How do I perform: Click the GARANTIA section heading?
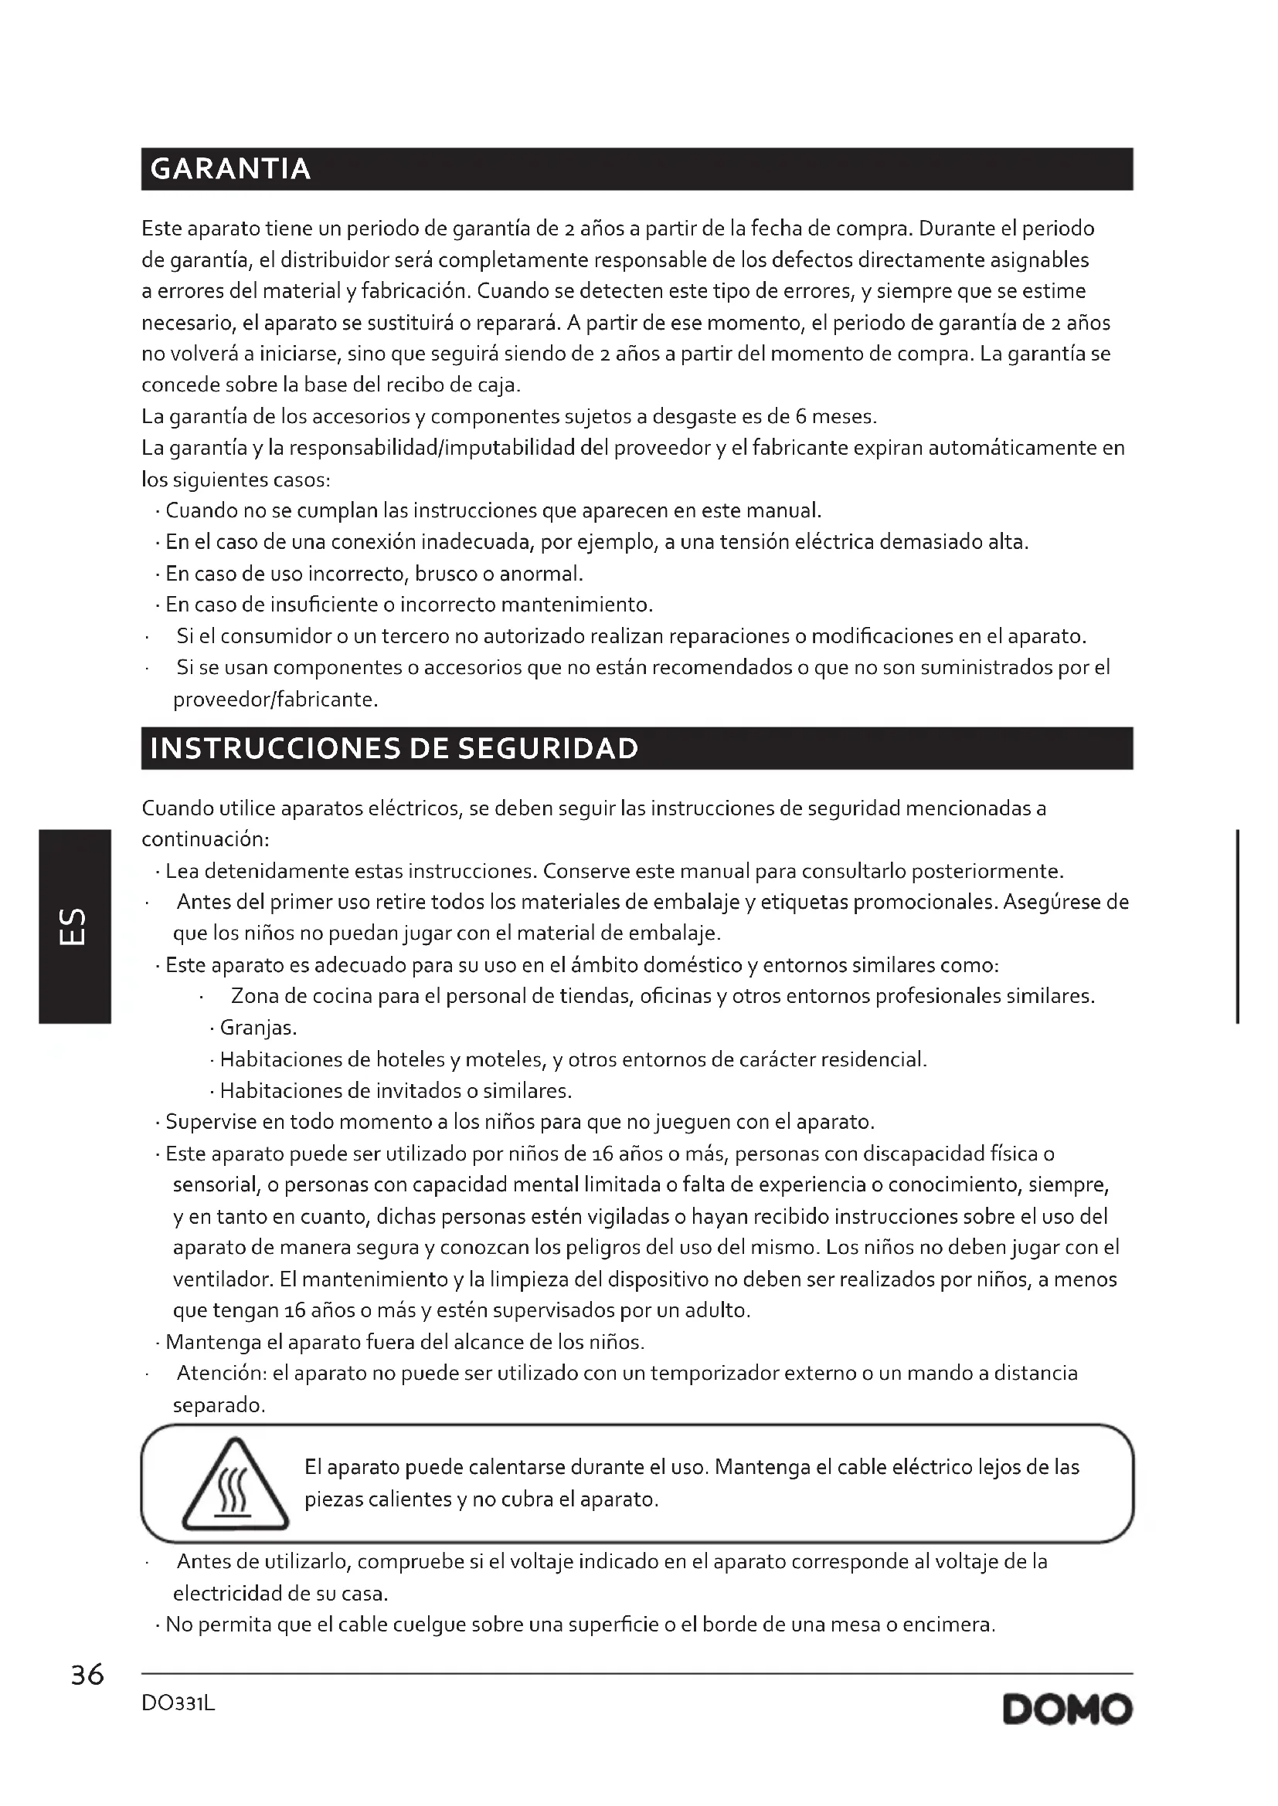coord(230,169)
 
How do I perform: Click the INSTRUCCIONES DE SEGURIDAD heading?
coord(393,748)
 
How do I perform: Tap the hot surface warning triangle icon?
coord(236,1486)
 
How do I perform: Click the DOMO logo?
coord(1067,1710)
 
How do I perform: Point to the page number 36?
coord(87,1676)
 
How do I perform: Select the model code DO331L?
coord(178,1704)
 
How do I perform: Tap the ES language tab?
coord(74,927)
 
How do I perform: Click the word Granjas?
coord(257,1028)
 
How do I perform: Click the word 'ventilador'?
coord(222,1279)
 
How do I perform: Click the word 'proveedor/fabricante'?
coord(274,700)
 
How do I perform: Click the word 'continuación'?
coord(205,840)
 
